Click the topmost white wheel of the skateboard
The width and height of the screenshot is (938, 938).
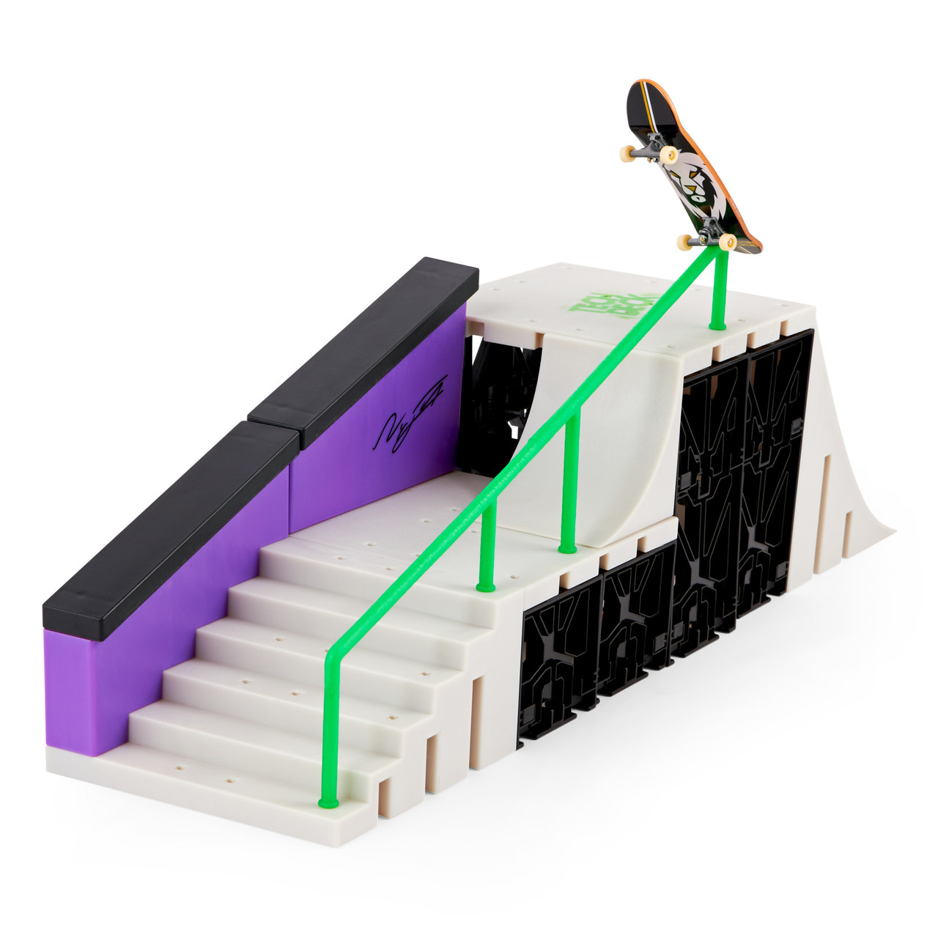(x=668, y=154)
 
